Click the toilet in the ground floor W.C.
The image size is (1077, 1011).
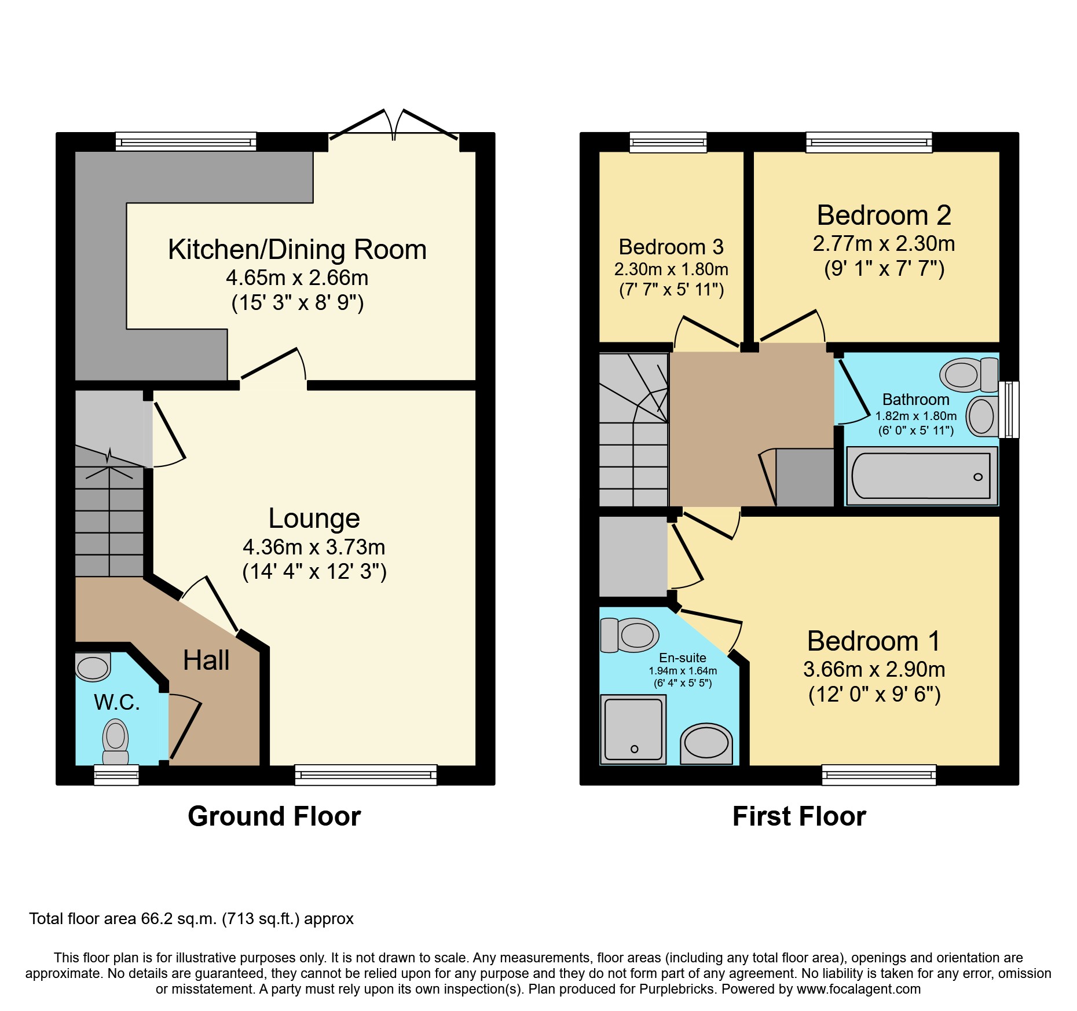click(115, 742)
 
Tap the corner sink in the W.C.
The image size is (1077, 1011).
click(93, 667)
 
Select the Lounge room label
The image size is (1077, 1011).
click(314, 518)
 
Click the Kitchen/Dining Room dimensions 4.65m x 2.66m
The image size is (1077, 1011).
click(297, 278)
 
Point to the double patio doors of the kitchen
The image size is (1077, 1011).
click(394, 130)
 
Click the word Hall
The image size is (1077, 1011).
click(206, 660)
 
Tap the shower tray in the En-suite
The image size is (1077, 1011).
click(633, 729)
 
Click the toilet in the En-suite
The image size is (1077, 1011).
click(630, 635)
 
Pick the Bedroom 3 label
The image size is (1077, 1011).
click(671, 247)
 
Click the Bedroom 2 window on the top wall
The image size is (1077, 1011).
click(869, 142)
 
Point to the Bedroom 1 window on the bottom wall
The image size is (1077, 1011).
click(878, 775)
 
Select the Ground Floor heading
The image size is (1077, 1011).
click(274, 816)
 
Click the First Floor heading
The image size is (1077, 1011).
click(798, 816)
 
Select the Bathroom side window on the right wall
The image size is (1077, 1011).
click(1011, 409)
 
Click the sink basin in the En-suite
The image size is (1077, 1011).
click(706, 743)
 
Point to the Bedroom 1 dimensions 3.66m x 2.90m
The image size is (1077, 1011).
click(874, 670)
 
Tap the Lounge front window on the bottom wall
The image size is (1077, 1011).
click(365, 775)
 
